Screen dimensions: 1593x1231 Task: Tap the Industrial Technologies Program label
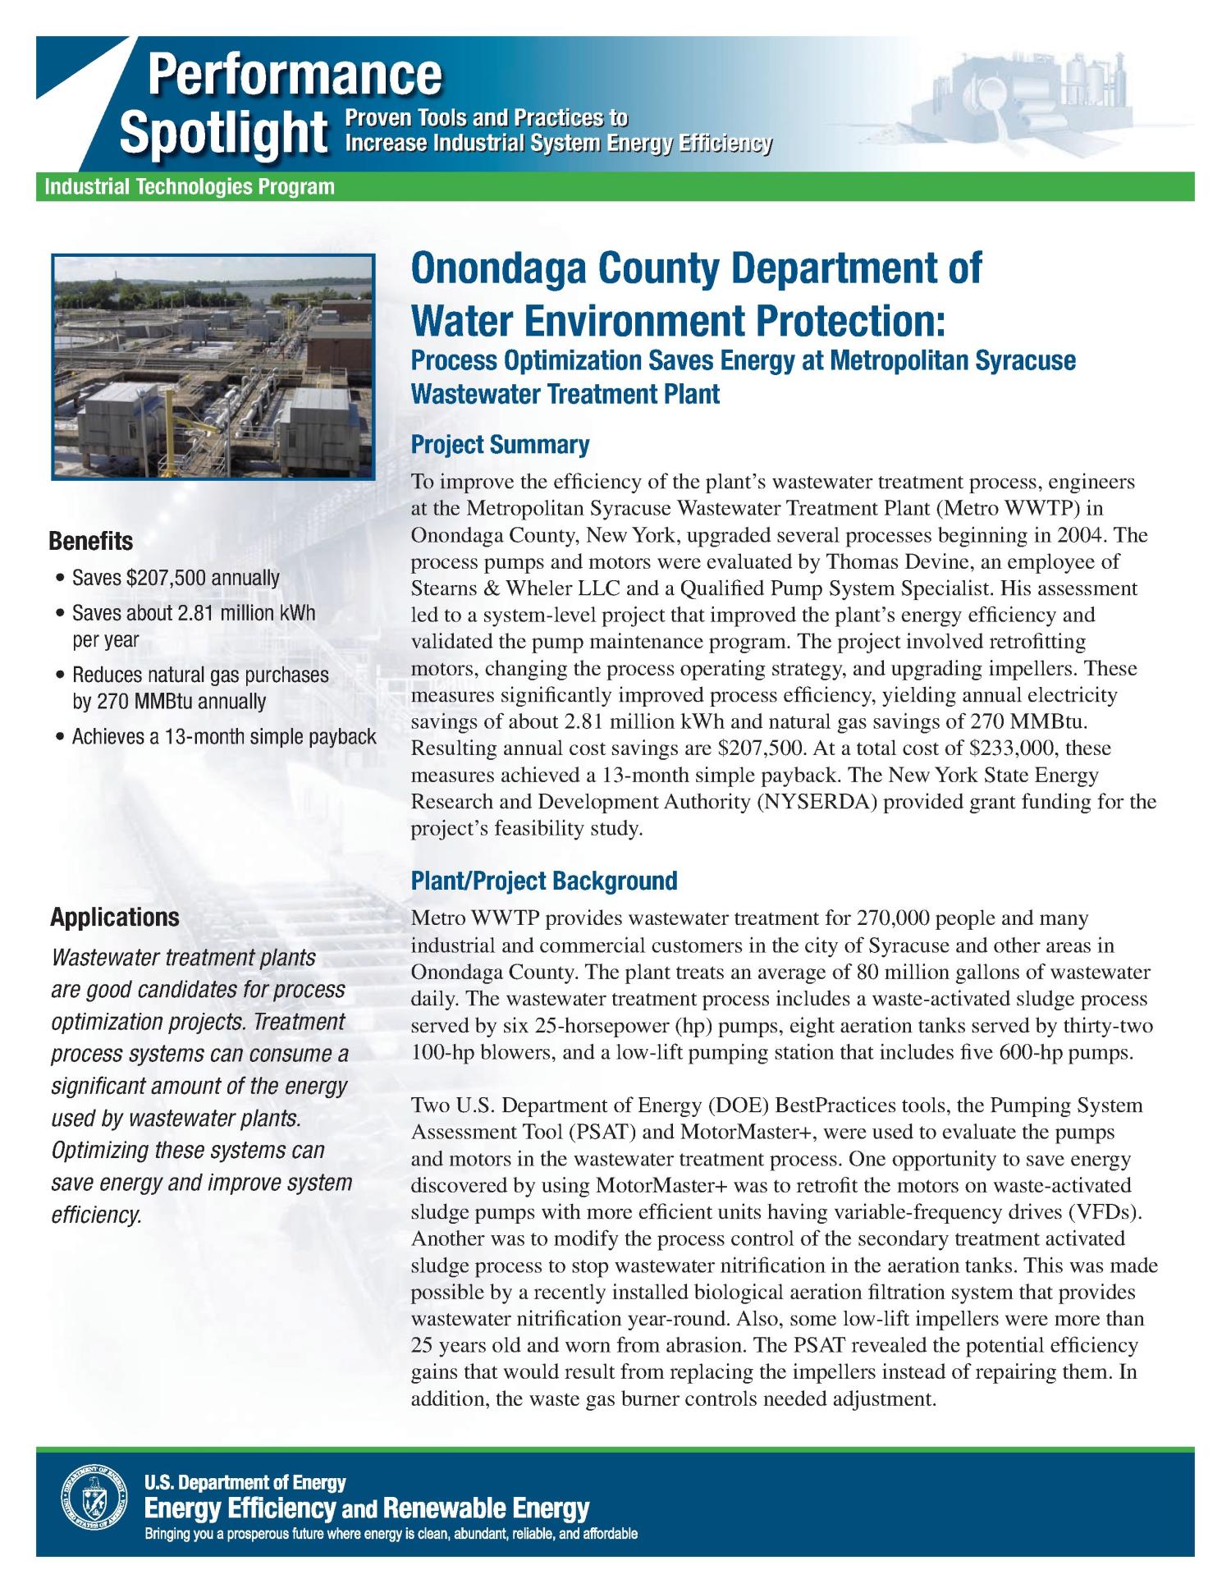point(190,187)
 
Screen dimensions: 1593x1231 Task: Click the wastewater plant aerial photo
point(213,366)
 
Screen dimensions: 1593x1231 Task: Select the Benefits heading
point(91,542)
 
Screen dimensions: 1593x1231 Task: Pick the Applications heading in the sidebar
point(114,917)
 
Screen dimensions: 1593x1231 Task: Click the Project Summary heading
point(499,445)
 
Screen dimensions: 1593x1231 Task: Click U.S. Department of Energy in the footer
point(245,1482)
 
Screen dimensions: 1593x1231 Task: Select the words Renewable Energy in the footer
point(486,1508)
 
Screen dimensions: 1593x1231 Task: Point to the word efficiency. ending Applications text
point(97,1215)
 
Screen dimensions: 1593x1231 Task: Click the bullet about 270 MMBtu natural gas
point(199,688)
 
